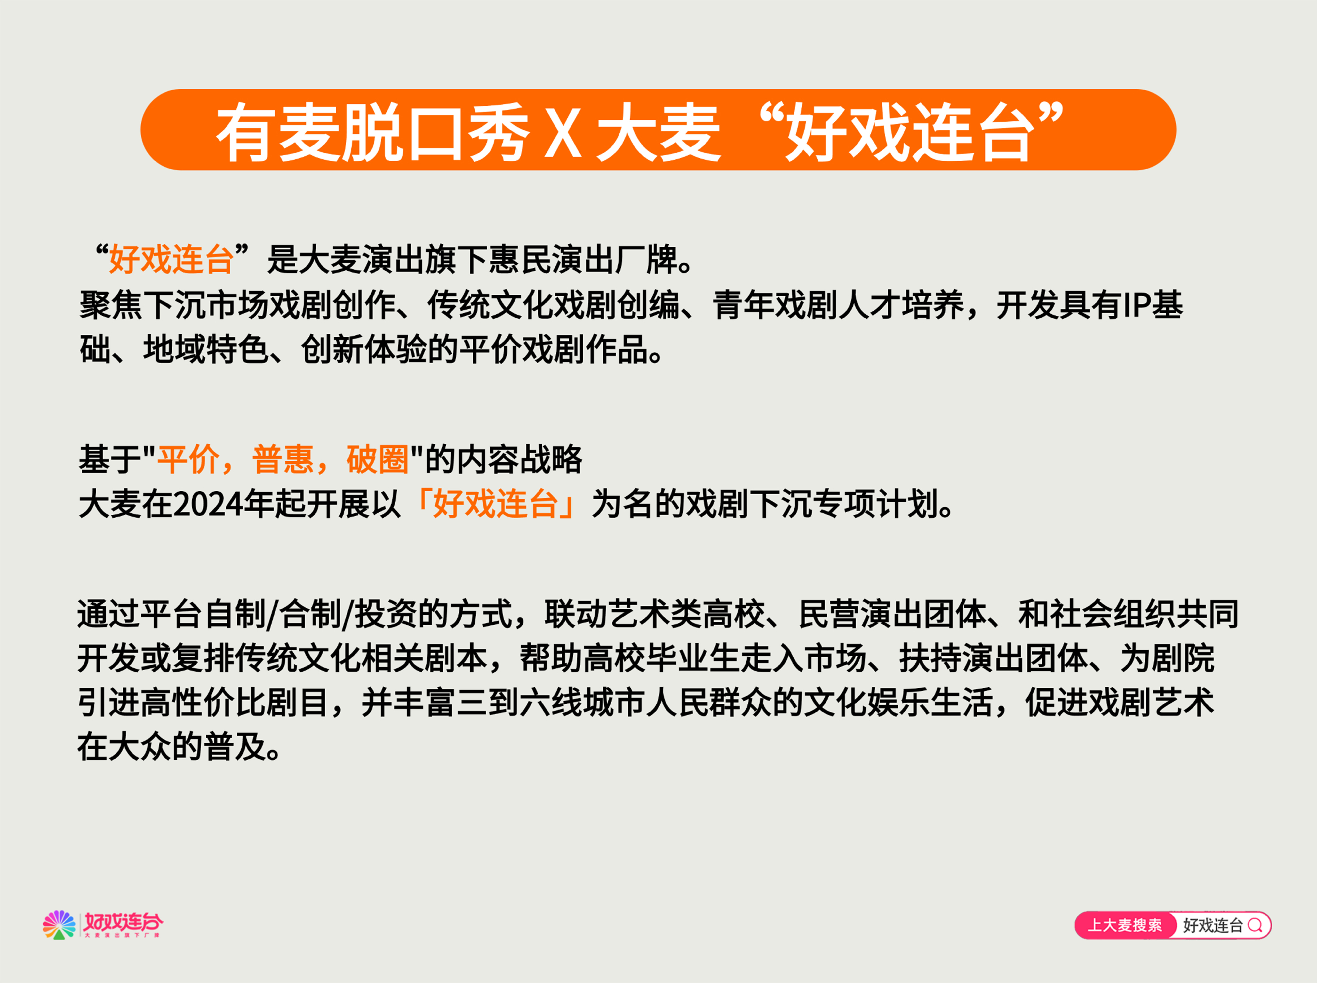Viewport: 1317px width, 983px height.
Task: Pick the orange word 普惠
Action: pos(283,459)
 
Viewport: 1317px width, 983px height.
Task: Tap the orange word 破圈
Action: pos(377,459)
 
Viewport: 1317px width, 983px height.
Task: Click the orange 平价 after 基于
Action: pos(188,459)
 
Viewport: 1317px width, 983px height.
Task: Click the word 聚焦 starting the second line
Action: pos(111,305)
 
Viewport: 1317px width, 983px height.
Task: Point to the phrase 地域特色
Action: pos(205,349)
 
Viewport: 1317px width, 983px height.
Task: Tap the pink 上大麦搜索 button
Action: pos(1125,925)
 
